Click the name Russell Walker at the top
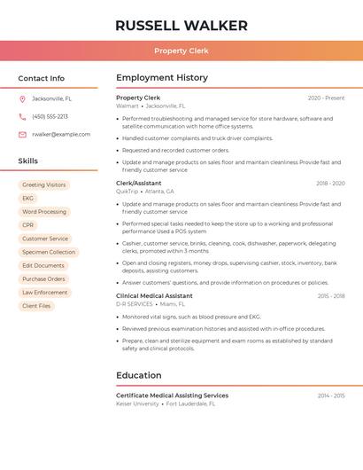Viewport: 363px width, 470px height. [x=181, y=26]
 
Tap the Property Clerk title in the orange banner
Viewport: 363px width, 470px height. [x=181, y=51]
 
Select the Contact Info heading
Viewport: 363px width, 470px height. [x=42, y=78]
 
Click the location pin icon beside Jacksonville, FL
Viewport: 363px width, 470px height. [x=22, y=98]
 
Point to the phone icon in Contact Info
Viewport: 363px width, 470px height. [x=22, y=116]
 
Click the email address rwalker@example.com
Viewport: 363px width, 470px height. [x=61, y=134]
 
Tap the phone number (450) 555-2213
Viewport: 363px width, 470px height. [x=50, y=116]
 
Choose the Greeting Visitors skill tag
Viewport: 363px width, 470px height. [x=43, y=185]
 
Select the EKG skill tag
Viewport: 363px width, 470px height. [x=28, y=199]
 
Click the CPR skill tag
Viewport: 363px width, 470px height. [x=28, y=225]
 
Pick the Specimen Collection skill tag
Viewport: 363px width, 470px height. [x=49, y=252]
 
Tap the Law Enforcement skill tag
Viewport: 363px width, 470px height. [x=44, y=293]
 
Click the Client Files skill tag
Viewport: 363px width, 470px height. [x=36, y=306]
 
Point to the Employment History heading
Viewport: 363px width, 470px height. [x=162, y=78]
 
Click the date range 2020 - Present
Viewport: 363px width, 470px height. [x=326, y=98]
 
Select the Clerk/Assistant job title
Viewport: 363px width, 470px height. [x=138, y=184]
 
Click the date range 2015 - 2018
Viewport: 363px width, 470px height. [x=331, y=296]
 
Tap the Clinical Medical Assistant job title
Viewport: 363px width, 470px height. [x=154, y=296]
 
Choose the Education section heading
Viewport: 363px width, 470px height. [x=139, y=375]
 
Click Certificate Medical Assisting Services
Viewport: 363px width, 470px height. [x=172, y=396]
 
